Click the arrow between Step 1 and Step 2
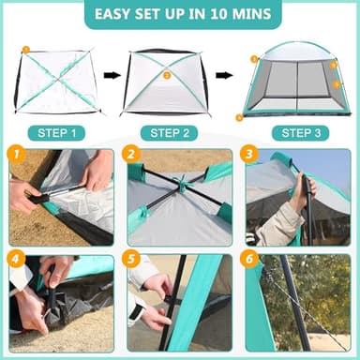(112, 75)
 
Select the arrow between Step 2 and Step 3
(225, 75)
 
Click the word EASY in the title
(115, 14)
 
